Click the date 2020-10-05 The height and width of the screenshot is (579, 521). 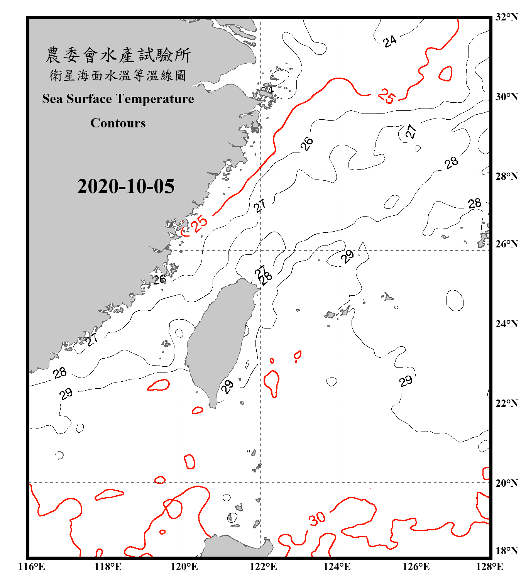[126, 186]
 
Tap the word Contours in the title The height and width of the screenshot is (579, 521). [118, 123]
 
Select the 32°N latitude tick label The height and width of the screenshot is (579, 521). [506, 17]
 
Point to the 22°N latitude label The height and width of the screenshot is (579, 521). [506, 403]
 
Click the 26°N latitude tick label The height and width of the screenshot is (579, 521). [506, 244]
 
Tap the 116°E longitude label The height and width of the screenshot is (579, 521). [32, 567]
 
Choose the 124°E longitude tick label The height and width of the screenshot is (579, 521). [337, 567]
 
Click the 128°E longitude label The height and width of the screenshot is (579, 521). [489, 567]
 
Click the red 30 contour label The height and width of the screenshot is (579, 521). [317, 519]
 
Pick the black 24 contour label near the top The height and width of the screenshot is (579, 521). [390, 41]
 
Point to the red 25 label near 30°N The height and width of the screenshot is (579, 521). [386, 96]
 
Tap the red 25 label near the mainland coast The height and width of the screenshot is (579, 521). [200, 224]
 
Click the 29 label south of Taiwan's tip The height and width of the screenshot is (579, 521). [227, 386]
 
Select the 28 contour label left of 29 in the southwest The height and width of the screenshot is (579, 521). [60, 373]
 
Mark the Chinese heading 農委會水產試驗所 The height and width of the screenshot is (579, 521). [118, 55]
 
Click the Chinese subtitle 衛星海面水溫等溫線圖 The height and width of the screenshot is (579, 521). [118, 75]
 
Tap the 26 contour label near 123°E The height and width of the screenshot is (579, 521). [307, 144]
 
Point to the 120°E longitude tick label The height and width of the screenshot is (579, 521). [184, 567]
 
